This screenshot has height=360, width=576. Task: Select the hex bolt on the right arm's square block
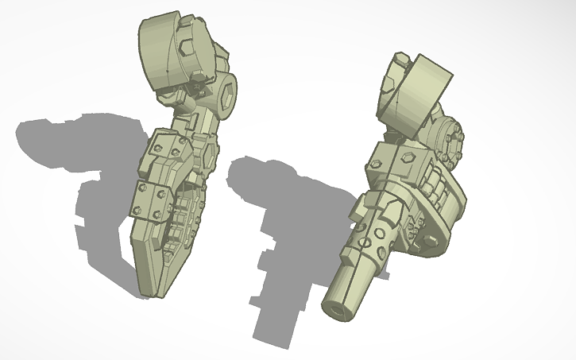pos(404,157)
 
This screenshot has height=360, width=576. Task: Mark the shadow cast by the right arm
pos(270,238)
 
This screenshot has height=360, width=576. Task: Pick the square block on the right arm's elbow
pos(393,163)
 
